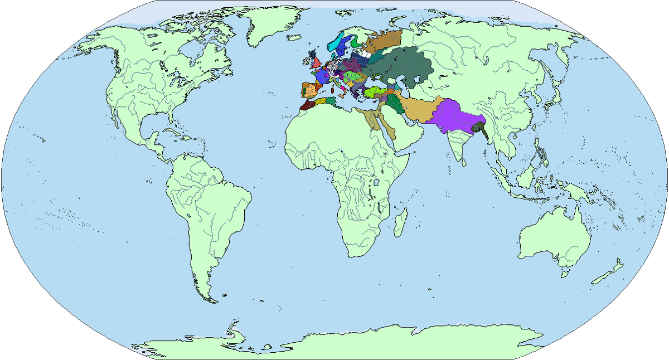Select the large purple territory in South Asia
454,117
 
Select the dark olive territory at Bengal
478,129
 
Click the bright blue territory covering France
322,75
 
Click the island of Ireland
307,59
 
